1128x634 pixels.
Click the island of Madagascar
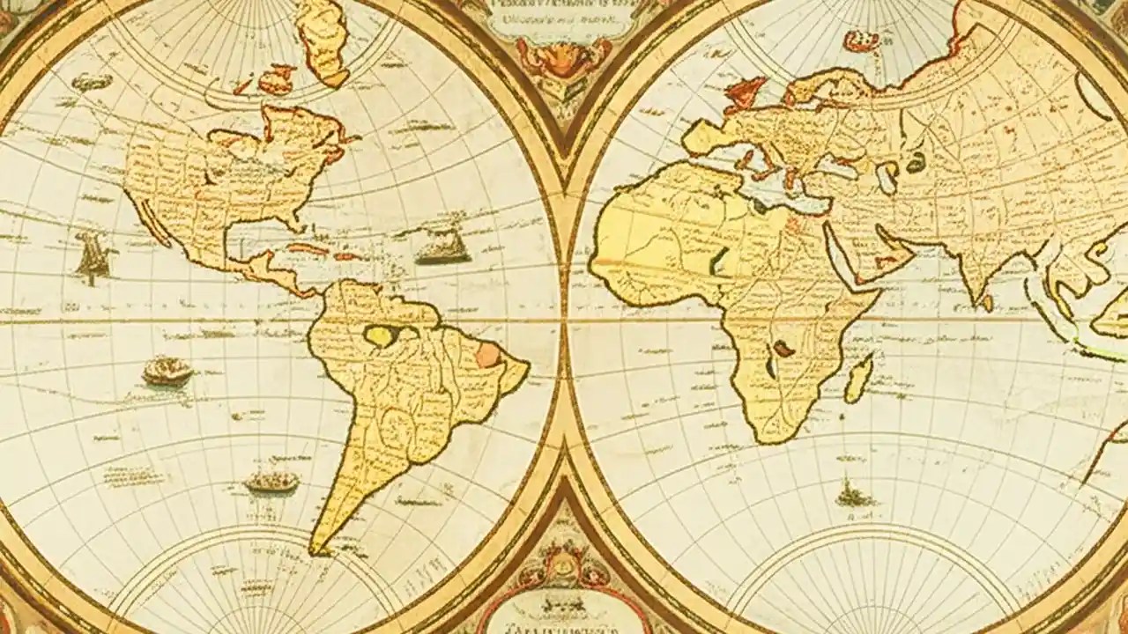pos(858,379)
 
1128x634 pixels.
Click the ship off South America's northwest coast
pos(167,371)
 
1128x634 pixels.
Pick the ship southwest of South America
pos(271,481)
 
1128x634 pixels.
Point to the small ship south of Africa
pos(853,494)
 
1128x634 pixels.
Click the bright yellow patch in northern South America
pos(381,335)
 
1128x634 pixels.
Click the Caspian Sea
pos(888,176)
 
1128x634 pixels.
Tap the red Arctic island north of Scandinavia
pos(860,40)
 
